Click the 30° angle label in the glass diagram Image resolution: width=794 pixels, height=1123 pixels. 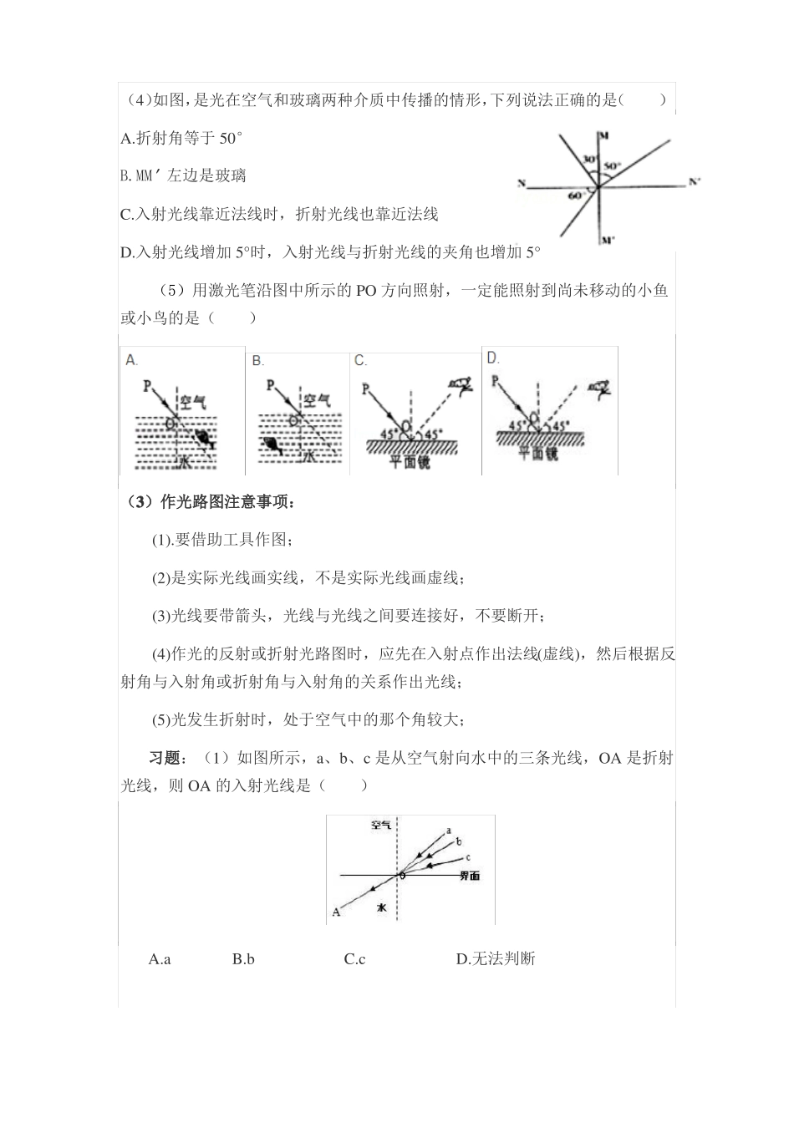point(589,159)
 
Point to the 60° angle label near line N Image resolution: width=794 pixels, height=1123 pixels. point(575,196)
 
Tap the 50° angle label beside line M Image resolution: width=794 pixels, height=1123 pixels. point(612,166)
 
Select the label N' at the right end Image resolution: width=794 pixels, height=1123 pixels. point(695,181)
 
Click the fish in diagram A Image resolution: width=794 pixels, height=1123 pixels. point(203,437)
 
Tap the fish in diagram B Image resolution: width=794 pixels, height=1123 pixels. point(270,444)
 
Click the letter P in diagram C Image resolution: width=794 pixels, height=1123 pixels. point(365,389)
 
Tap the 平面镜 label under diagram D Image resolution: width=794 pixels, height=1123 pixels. point(533,454)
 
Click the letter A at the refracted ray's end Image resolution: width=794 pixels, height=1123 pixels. point(336,912)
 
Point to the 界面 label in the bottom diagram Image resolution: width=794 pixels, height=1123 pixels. point(469,876)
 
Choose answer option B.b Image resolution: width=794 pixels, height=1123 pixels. point(243,959)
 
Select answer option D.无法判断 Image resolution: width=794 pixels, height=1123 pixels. point(495,959)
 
